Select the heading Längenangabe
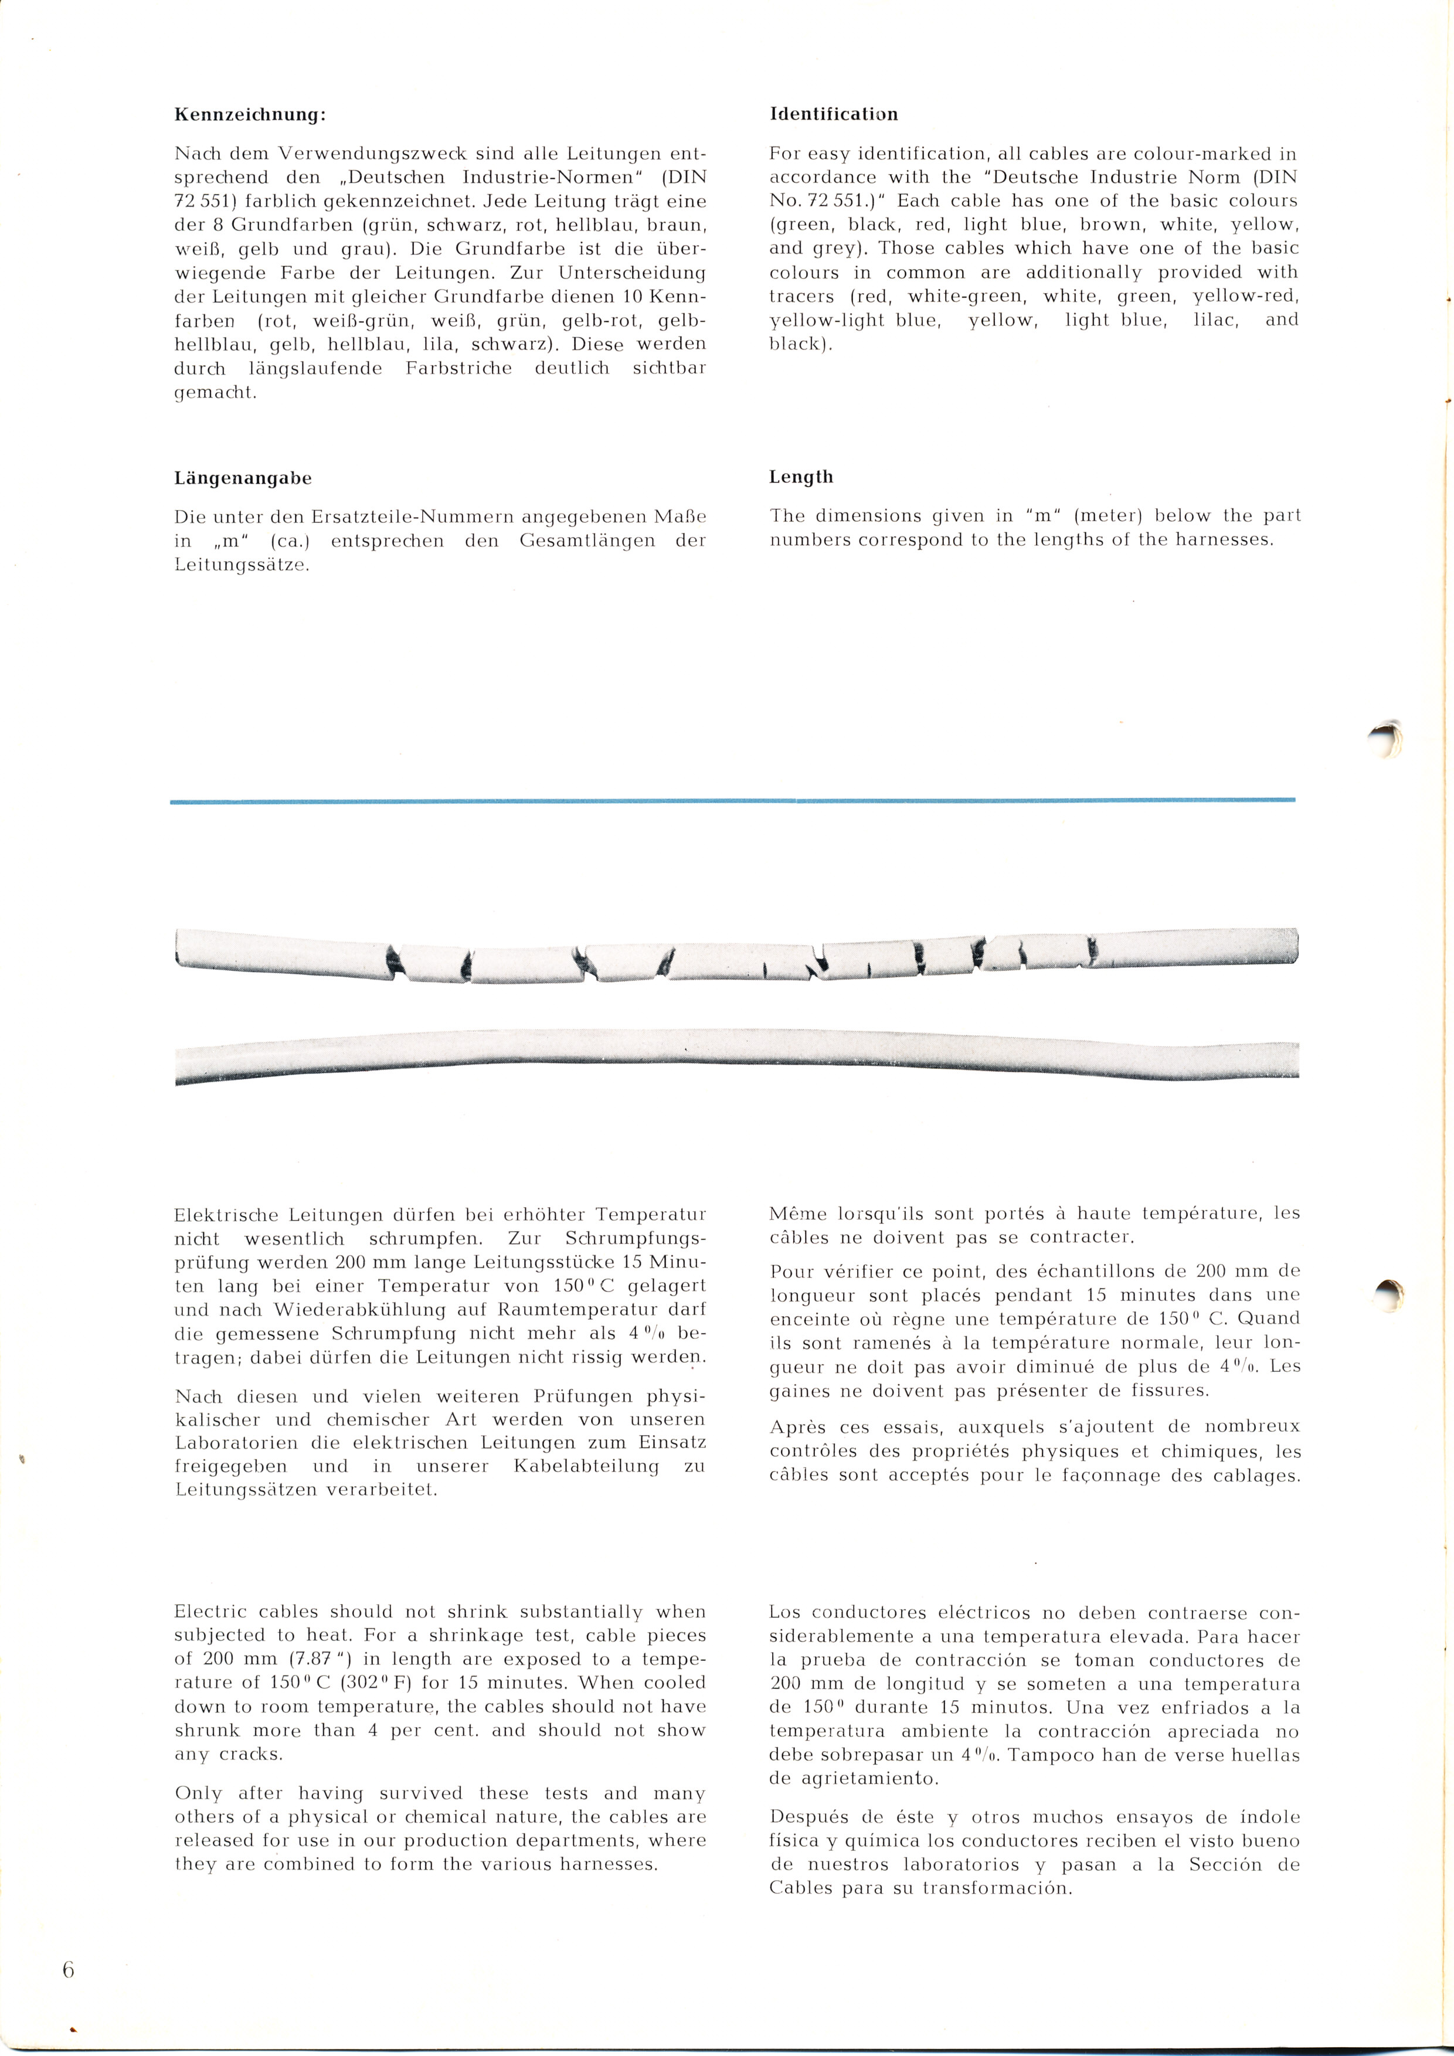pyautogui.click(x=243, y=478)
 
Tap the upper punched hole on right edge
pyautogui.click(x=1387, y=740)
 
